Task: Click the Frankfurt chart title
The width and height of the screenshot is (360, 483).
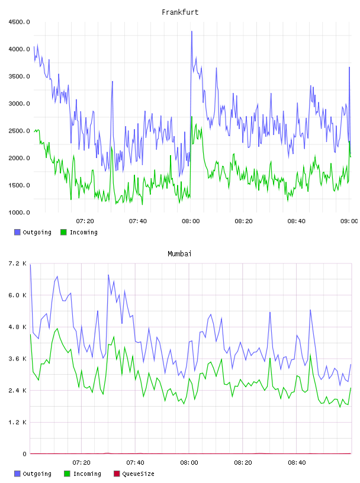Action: pyautogui.click(x=180, y=12)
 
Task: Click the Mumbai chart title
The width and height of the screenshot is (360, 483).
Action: pyautogui.click(x=179, y=254)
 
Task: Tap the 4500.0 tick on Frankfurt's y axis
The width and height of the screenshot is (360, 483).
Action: pyautogui.click(x=20, y=22)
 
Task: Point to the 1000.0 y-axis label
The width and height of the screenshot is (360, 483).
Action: pyautogui.click(x=20, y=212)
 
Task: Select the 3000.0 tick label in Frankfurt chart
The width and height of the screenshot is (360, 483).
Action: pyautogui.click(x=20, y=104)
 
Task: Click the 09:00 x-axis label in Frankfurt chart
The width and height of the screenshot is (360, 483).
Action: pyautogui.click(x=349, y=221)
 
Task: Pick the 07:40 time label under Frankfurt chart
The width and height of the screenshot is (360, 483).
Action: pyautogui.click(x=138, y=221)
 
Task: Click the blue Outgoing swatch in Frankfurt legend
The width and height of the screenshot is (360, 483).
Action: pyautogui.click(x=17, y=232)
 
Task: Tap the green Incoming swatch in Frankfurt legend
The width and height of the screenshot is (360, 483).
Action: pyautogui.click(x=63, y=232)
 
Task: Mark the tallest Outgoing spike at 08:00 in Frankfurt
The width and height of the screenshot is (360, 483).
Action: pyautogui.click(x=192, y=31)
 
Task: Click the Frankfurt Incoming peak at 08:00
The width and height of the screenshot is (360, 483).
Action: pyautogui.click(x=192, y=117)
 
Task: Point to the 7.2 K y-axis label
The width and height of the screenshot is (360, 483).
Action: pyautogui.click(x=18, y=263)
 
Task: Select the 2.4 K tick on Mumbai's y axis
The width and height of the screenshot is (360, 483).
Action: pyautogui.click(x=18, y=390)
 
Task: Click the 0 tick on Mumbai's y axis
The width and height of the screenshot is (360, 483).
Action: pyautogui.click(x=25, y=454)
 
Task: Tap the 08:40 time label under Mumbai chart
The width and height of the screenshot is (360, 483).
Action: pyautogui.click(x=297, y=463)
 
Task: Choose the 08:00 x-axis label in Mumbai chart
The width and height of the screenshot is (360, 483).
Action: pyautogui.click(x=189, y=463)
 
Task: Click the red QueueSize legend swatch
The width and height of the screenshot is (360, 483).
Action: pyautogui.click(x=117, y=474)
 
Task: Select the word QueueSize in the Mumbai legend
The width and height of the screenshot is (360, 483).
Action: pyautogui.click(x=138, y=474)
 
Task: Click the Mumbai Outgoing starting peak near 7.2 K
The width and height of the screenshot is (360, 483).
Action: pyautogui.click(x=31, y=265)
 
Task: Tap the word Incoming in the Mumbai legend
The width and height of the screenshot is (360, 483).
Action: pyautogui.click(x=87, y=474)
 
